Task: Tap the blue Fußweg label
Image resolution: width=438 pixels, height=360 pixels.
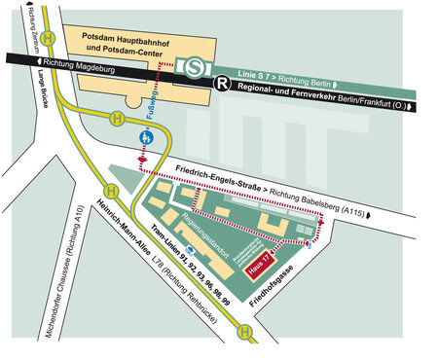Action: (x=154, y=106)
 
